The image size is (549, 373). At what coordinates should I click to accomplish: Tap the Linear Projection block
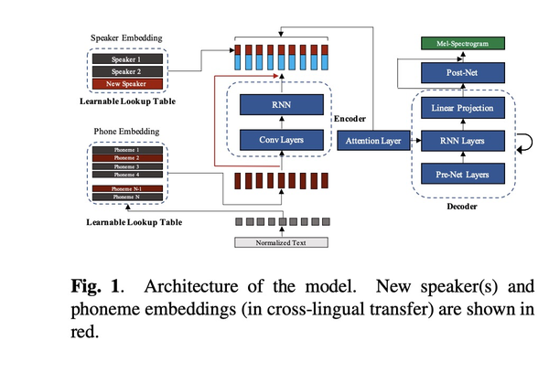click(x=463, y=110)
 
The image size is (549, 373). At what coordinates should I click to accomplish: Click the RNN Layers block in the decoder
click(x=463, y=141)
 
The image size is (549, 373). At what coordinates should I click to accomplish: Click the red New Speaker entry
click(x=128, y=84)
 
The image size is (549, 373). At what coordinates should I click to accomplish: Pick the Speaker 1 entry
click(x=128, y=58)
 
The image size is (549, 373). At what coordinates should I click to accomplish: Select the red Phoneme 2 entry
click(x=127, y=157)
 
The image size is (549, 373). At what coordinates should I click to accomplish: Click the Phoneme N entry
click(x=127, y=197)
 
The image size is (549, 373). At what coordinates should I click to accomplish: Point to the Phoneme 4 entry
click(x=127, y=174)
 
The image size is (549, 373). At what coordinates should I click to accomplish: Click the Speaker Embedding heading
click(x=128, y=38)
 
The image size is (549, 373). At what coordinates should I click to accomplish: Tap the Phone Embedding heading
click(x=127, y=132)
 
